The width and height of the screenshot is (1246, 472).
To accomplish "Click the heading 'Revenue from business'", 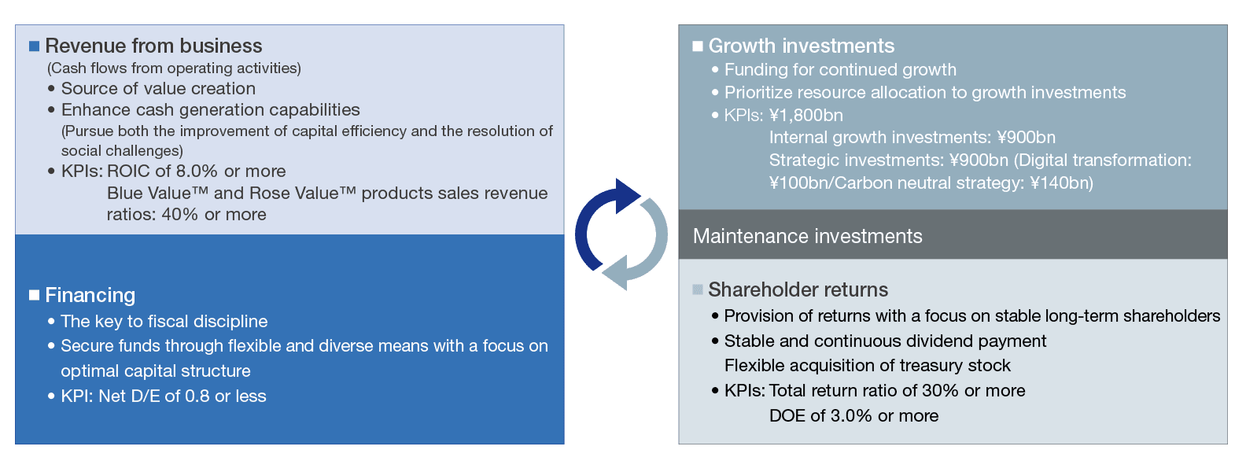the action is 153,46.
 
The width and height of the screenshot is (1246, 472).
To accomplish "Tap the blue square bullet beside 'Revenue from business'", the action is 34,46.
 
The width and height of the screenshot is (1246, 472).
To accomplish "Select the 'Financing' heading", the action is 90,295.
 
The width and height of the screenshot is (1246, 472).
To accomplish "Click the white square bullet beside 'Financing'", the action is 34,295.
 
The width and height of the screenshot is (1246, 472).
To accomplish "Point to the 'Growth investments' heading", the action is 801,46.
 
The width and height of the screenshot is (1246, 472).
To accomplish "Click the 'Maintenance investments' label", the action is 807,236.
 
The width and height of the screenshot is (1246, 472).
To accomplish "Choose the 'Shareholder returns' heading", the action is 798,289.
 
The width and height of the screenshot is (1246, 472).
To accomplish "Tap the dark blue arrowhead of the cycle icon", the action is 629,196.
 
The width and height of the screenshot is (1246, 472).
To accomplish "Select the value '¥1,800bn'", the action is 806,115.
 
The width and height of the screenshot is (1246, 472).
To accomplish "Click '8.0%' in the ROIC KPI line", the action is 197,171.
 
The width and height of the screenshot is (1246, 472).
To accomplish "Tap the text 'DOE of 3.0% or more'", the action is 853,416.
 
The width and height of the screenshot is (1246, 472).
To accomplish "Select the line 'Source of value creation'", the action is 159,88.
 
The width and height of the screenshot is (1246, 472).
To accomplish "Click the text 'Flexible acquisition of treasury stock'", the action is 867,366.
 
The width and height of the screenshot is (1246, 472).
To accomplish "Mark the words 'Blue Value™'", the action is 157,193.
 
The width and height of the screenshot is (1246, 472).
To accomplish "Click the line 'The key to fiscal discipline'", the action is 164,321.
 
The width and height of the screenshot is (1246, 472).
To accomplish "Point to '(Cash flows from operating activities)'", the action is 174,68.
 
